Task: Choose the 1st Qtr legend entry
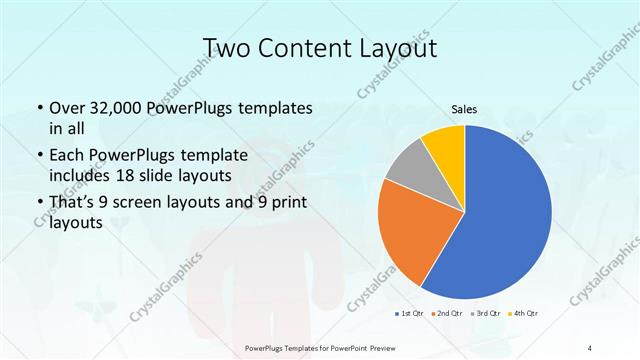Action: (x=408, y=314)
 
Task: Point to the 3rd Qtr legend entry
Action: (x=488, y=314)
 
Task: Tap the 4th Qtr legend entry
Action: (x=526, y=314)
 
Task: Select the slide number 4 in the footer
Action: (x=591, y=347)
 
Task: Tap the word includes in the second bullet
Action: (x=79, y=175)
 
